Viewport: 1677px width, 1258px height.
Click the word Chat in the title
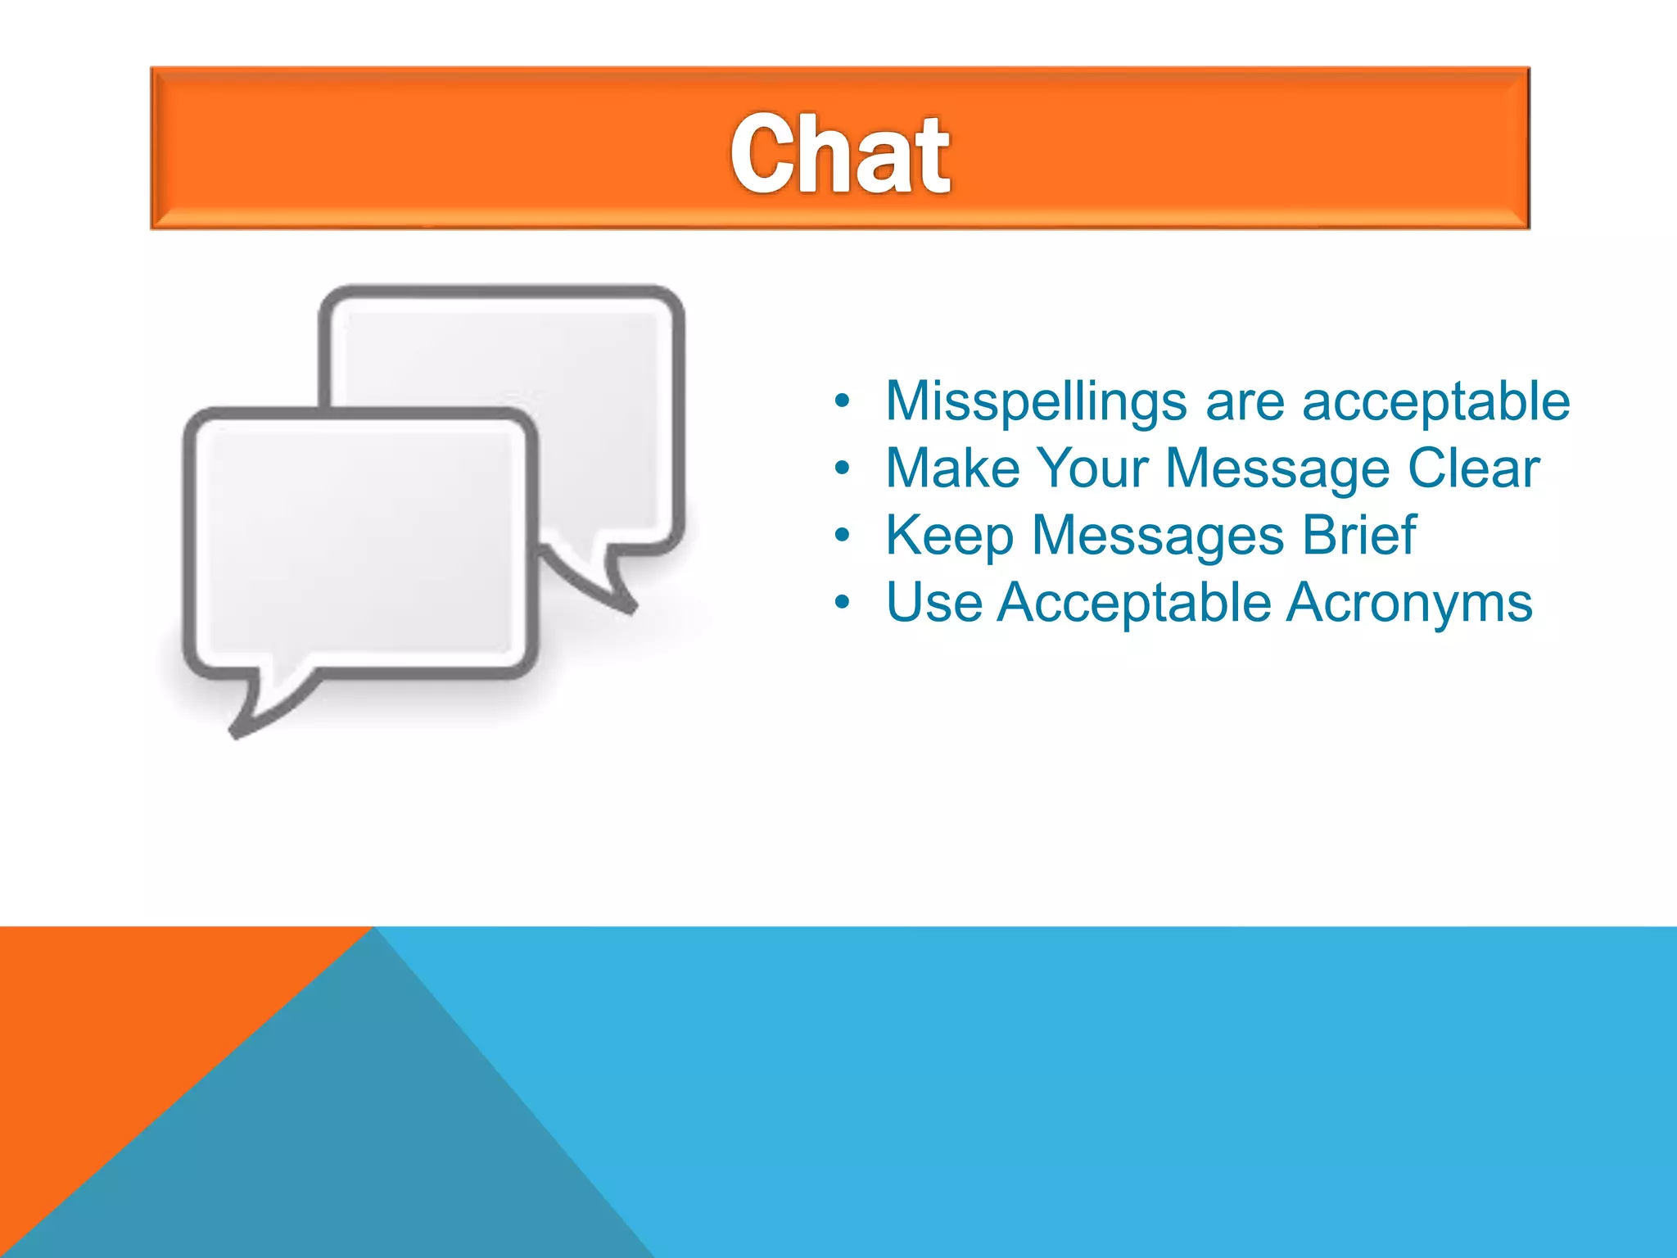[x=840, y=154]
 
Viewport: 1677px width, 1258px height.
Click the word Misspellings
[x=1036, y=401]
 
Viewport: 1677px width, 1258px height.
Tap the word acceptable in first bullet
[x=1435, y=401]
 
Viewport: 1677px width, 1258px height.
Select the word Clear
[x=1473, y=468]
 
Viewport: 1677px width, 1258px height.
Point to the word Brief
[x=1358, y=536]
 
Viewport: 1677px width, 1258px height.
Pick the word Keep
[x=949, y=536]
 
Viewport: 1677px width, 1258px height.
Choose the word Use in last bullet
[x=933, y=603]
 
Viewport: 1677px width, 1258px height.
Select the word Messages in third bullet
[x=1158, y=536]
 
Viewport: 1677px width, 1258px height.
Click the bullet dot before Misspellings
[x=843, y=402]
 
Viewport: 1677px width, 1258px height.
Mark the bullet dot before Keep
[x=843, y=536]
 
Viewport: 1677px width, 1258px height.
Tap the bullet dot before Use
[x=843, y=604]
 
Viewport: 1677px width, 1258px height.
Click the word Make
[x=952, y=468]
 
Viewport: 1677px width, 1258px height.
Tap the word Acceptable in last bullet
[x=1134, y=603]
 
